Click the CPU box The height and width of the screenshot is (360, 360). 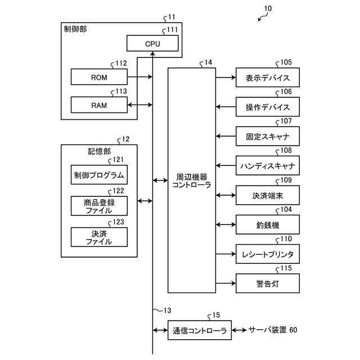click(x=152, y=43)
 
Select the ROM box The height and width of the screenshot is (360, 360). click(x=99, y=77)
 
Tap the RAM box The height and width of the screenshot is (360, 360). click(x=99, y=105)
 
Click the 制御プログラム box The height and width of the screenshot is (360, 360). click(x=99, y=175)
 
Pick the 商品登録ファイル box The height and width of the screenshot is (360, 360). click(x=99, y=206)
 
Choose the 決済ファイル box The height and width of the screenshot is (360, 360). click(x=99, y=237)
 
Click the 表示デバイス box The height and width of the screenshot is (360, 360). click(x=268, y=78)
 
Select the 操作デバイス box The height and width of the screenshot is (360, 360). click(x=268, y=107)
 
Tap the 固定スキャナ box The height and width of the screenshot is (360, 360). click(x=268, y=136)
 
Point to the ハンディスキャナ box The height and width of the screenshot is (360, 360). click(x=268, y=165)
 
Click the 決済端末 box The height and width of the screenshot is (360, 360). click(x=268, y=195)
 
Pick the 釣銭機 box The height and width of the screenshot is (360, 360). click(x=268, y=224)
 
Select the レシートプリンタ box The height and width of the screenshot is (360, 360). click(x=268, y=254)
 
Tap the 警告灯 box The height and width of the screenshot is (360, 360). click(x=268, y=283)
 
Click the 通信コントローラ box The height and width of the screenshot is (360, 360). click(x=200, y=330)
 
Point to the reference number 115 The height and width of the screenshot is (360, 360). click(x=286, y=268)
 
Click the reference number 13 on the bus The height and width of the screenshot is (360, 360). click(x=167, y=310)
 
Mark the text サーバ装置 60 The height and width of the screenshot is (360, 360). click(x=273, y=330)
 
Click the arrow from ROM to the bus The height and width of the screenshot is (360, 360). click(x=140, y=77)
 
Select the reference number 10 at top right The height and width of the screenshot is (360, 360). click(x=268, y=8)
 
